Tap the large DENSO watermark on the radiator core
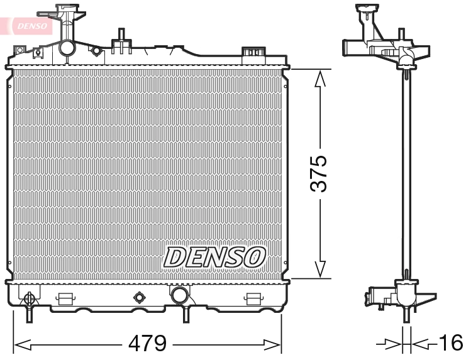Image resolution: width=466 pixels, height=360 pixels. pos(214,256)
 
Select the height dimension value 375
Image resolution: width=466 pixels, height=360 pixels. pos(320,173)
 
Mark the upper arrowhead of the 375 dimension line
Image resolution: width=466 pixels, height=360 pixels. pos(320,79)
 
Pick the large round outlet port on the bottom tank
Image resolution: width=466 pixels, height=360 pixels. pos(179,295)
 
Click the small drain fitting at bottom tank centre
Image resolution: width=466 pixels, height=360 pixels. pos(138,297)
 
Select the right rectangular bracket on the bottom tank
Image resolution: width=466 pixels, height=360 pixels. pos(253,298)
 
